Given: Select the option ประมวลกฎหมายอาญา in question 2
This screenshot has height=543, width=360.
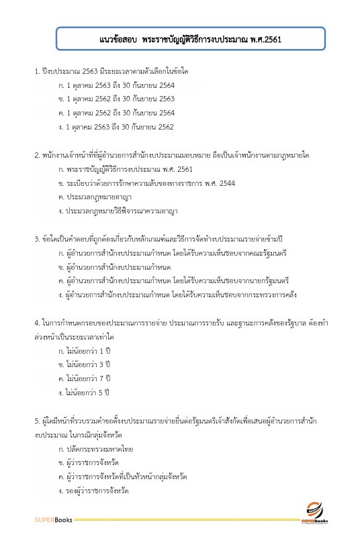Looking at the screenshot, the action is pyautogui.click(x=95, y=197).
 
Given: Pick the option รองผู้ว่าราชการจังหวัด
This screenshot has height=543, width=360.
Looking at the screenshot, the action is pyautogui.click(x=97, y=491).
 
